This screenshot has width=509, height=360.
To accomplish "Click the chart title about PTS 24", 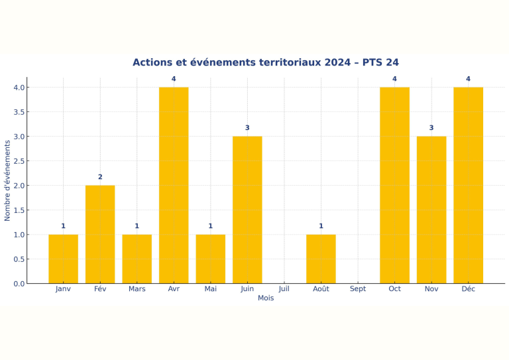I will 265,62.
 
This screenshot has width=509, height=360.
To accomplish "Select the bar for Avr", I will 174,185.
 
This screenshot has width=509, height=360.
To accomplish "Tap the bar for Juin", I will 247,210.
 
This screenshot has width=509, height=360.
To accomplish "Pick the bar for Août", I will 321,259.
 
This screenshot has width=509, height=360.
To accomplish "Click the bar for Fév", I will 100,234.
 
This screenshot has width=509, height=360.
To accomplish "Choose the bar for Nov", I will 431,210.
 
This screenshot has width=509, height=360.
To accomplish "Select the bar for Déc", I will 468,185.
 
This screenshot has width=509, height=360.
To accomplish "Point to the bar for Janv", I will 63,259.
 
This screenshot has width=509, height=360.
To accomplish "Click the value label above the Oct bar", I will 394,79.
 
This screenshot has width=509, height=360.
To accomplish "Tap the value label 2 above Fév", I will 100,177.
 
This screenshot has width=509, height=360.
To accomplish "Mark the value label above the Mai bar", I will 211,226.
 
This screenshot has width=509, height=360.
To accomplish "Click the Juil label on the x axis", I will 284,289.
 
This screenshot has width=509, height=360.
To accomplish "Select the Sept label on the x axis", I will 358,289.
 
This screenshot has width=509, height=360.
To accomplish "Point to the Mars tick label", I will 137,289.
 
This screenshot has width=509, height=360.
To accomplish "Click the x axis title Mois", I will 266,298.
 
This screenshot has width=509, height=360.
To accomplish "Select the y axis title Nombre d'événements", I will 8,180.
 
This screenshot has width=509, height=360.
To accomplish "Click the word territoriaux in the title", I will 286,62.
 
